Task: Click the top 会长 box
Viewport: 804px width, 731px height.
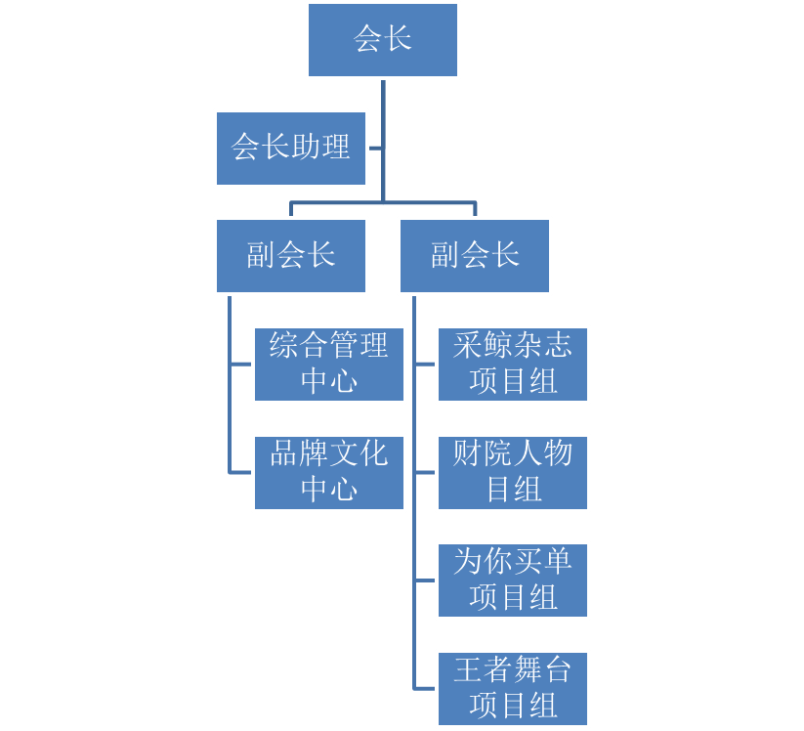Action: (382, 40)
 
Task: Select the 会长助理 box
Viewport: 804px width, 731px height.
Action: (290, 149)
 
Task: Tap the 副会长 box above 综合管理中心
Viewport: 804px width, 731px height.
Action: (290, 256)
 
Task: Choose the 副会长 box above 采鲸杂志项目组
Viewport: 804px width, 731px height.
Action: (474, 256)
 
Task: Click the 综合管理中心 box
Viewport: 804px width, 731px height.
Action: (328, 365)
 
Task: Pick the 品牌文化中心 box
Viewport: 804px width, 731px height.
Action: (328, 473)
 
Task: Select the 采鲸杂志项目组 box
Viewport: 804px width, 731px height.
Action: (512, 365)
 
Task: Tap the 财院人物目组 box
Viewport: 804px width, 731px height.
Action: (512, 473)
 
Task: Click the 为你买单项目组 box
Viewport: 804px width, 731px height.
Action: (512, 580)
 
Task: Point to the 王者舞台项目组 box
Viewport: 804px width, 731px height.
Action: (512, 689)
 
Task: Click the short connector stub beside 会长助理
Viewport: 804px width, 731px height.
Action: (374, 149)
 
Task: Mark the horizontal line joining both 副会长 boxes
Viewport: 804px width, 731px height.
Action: (382, 203)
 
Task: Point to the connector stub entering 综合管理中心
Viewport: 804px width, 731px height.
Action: (241, 365)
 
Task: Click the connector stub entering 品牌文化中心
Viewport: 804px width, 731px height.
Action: (241, 473)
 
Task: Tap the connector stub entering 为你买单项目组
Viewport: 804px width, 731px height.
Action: (425, 580)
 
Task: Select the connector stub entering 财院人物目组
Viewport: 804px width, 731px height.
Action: (425, 473)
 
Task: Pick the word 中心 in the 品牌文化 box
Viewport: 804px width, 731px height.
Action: (329, 490)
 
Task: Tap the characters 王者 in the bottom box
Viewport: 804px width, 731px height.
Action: (483, 670)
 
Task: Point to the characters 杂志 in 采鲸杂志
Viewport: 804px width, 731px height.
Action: (542, 346)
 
